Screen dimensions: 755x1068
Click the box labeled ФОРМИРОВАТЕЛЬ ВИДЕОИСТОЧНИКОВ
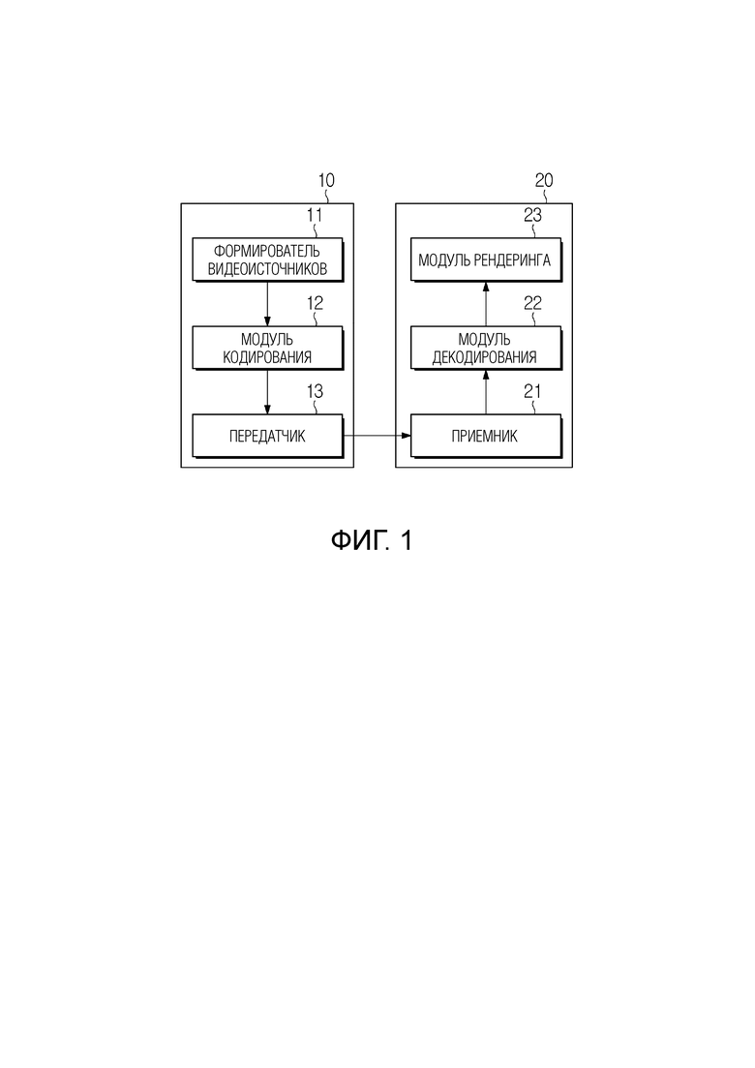[x=267, y=259]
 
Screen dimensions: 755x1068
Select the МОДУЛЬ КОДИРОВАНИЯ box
[x=267, y=348]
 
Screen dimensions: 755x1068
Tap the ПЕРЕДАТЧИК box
[x=267, y=436]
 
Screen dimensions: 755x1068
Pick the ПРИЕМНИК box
[x=486, y=436]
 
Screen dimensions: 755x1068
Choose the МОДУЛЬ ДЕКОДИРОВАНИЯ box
[x=486, y=348]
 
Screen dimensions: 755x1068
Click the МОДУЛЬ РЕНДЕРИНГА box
[x=486, y=259]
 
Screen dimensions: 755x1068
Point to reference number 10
[x=326, y=180]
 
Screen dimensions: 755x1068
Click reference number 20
[x=544, y=180]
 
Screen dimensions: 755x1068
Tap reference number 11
[x=314, y=215]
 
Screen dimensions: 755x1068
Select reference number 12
[x=315, y=303]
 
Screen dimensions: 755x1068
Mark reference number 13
[x=315, y=391]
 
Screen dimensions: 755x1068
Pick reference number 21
[x=532, y=391]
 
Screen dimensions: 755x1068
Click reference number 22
[x=532, y=303]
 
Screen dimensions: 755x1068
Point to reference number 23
[x=532, y=215]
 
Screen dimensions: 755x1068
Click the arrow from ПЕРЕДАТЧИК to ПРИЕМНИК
[x=377, y=436]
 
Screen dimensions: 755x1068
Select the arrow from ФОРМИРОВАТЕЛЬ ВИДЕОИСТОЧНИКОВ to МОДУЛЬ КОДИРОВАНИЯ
[x=267, y=304]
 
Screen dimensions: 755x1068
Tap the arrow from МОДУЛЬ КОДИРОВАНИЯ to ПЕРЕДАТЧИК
[x=267, y=392]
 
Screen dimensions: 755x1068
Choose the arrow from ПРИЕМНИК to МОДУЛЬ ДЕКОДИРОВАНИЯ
[x=486, y=392]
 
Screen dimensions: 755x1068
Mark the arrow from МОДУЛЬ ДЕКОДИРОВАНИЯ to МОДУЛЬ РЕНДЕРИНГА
[x=486, y=304]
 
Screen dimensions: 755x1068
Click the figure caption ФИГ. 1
[x=372, y=541]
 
